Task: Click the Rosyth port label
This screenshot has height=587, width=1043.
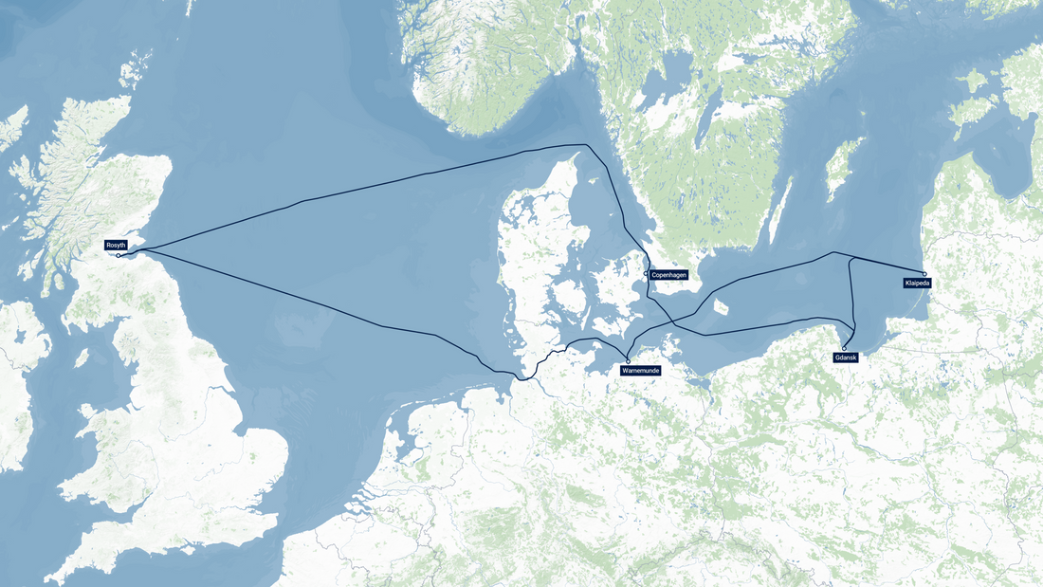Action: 116,245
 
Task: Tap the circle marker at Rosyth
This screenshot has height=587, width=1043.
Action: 119,255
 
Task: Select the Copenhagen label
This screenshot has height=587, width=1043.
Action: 668,275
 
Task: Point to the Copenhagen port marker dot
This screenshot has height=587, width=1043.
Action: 646,274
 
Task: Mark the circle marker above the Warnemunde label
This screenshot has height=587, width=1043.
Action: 628,360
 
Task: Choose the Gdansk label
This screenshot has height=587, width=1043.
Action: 846,358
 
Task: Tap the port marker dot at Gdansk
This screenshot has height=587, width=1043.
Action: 844,348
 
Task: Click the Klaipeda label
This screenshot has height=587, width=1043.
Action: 917,283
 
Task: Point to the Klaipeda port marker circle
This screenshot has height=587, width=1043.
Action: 924,274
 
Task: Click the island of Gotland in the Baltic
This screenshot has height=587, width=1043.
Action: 843,168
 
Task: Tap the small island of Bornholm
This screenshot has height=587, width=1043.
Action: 722,307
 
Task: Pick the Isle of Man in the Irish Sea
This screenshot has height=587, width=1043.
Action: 82,358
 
